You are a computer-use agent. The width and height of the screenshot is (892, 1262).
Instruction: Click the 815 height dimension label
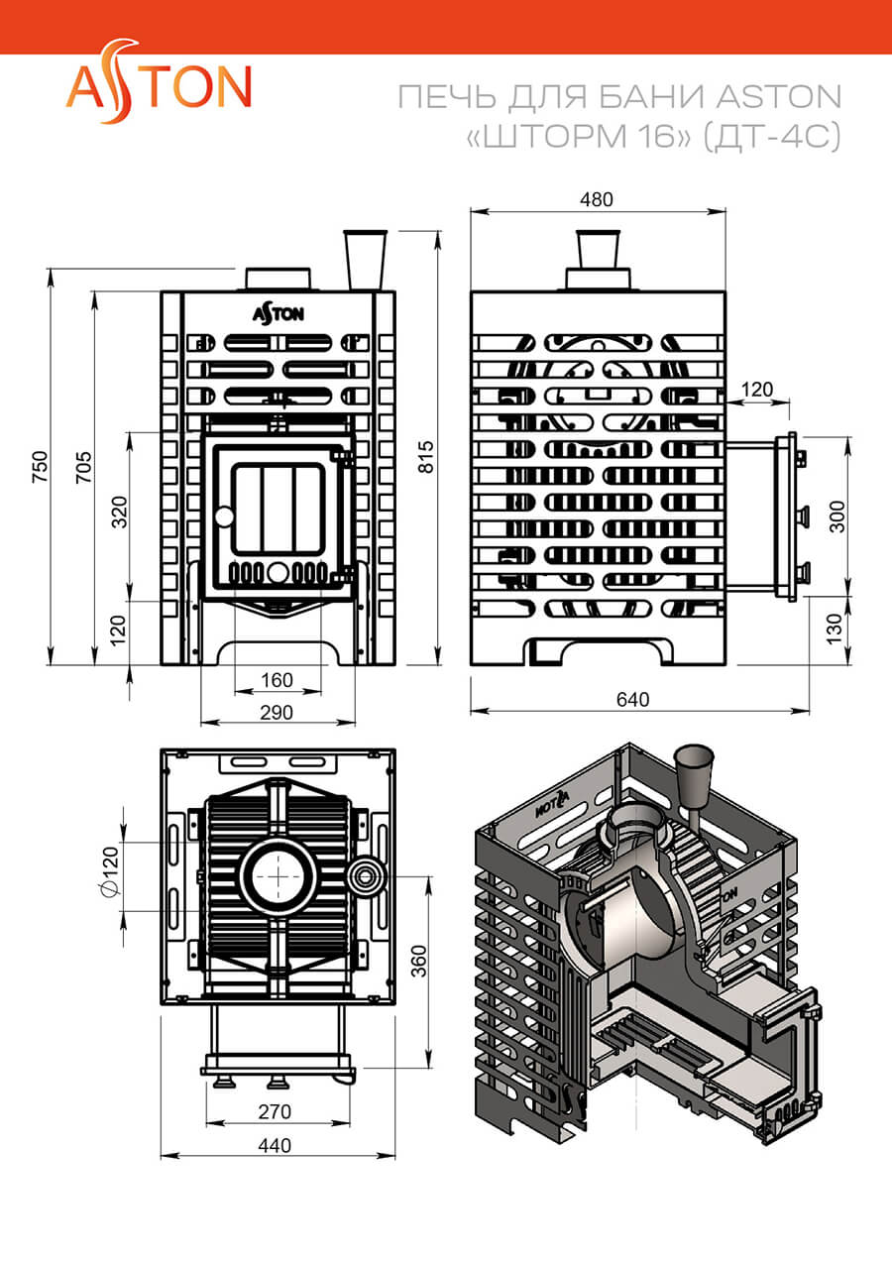coord(426,457)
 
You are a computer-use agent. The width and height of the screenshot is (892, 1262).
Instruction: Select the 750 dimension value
coord(40,467)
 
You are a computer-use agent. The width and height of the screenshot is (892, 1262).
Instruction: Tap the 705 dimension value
coord(83,467)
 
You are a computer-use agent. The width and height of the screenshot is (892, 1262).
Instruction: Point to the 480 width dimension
coord(597,199)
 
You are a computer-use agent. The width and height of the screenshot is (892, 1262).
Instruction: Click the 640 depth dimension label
coord(633,700)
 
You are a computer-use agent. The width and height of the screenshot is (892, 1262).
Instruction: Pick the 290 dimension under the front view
coord(277,713)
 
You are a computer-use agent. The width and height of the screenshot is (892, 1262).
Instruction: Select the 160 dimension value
coord(278,680)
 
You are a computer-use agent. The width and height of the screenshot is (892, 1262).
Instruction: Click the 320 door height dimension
coord(119,512)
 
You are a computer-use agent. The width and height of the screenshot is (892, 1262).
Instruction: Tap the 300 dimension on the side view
coord(837,516)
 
